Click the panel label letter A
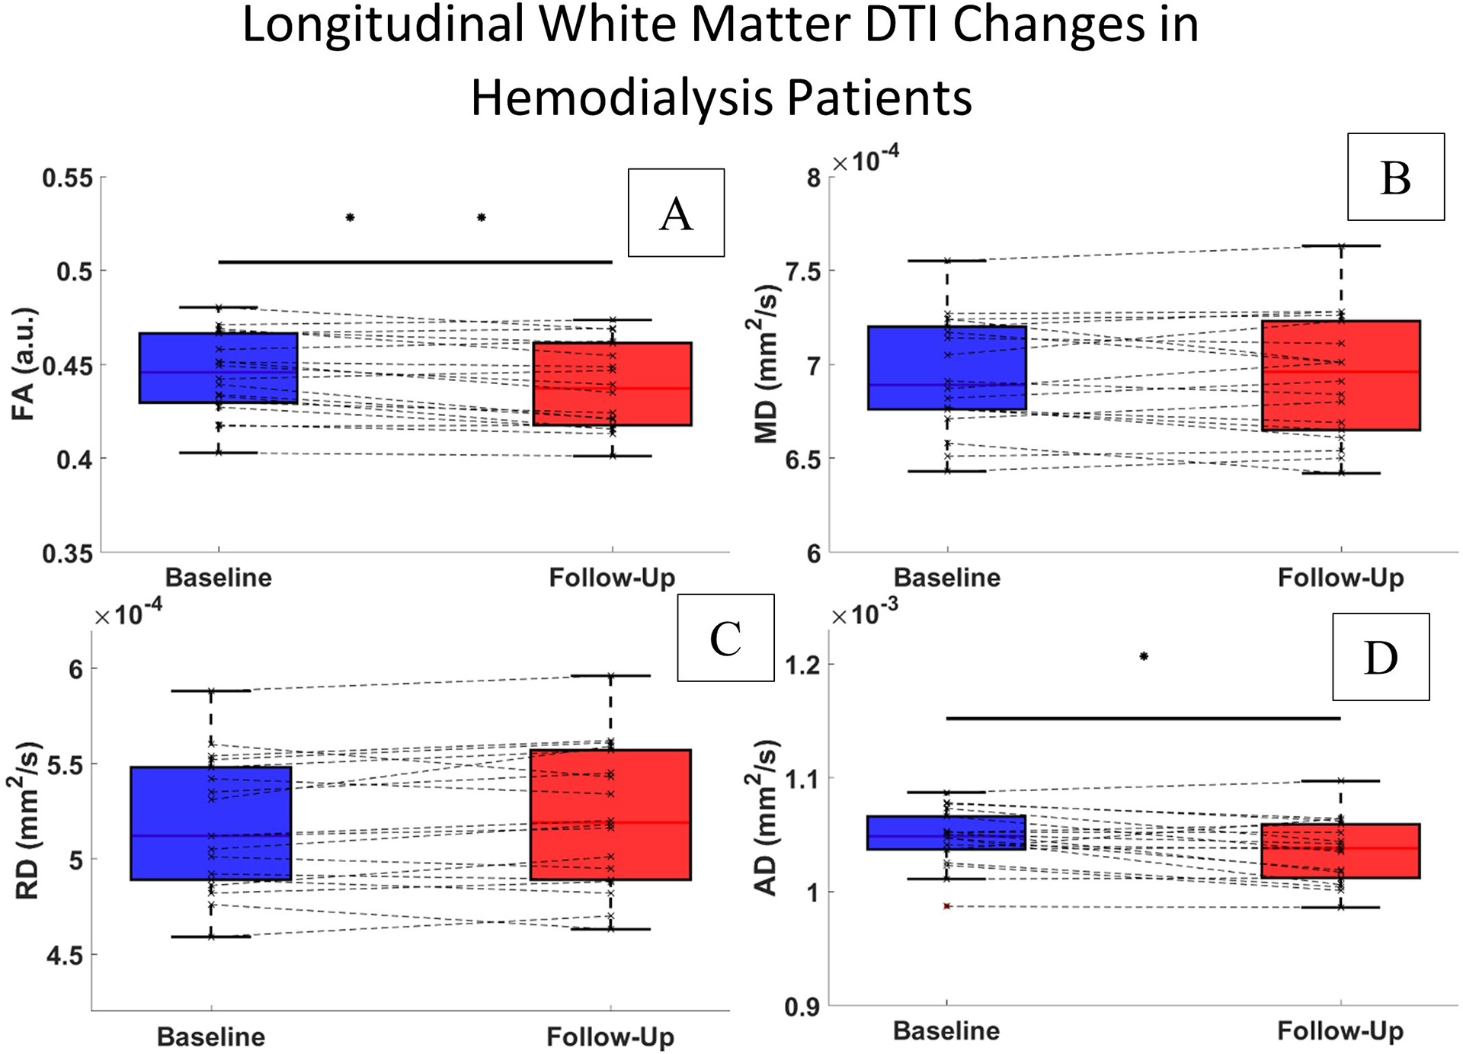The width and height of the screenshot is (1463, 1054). pyautogui.click(x=676, y=213)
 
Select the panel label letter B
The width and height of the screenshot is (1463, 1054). pyautogui.click(x=1395, y=178)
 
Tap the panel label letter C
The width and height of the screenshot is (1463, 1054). pyautogui.click(x=725, y=639)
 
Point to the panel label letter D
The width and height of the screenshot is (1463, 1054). pyautogui.click(x=1381, y=658)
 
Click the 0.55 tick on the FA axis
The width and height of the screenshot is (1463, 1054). pyautogui.click(x=68, y=178)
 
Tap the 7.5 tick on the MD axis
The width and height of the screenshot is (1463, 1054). pyautogui.click(x=802, y=271)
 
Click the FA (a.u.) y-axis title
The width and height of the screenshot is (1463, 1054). pyautogui.click(x=24, y=364)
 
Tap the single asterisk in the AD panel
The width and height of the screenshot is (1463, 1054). pyautogui.click(x=1144, y=656)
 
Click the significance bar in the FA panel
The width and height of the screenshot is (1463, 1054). pyautogui.click(x=415, y=262)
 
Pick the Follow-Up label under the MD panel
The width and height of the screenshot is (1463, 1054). pyautogui.click(x=1340, y=578)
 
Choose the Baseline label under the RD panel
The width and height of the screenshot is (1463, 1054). pyautogui.click(x=211, y=1036)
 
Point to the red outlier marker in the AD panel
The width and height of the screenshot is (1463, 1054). pyautogui.click(x=947, y=906)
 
